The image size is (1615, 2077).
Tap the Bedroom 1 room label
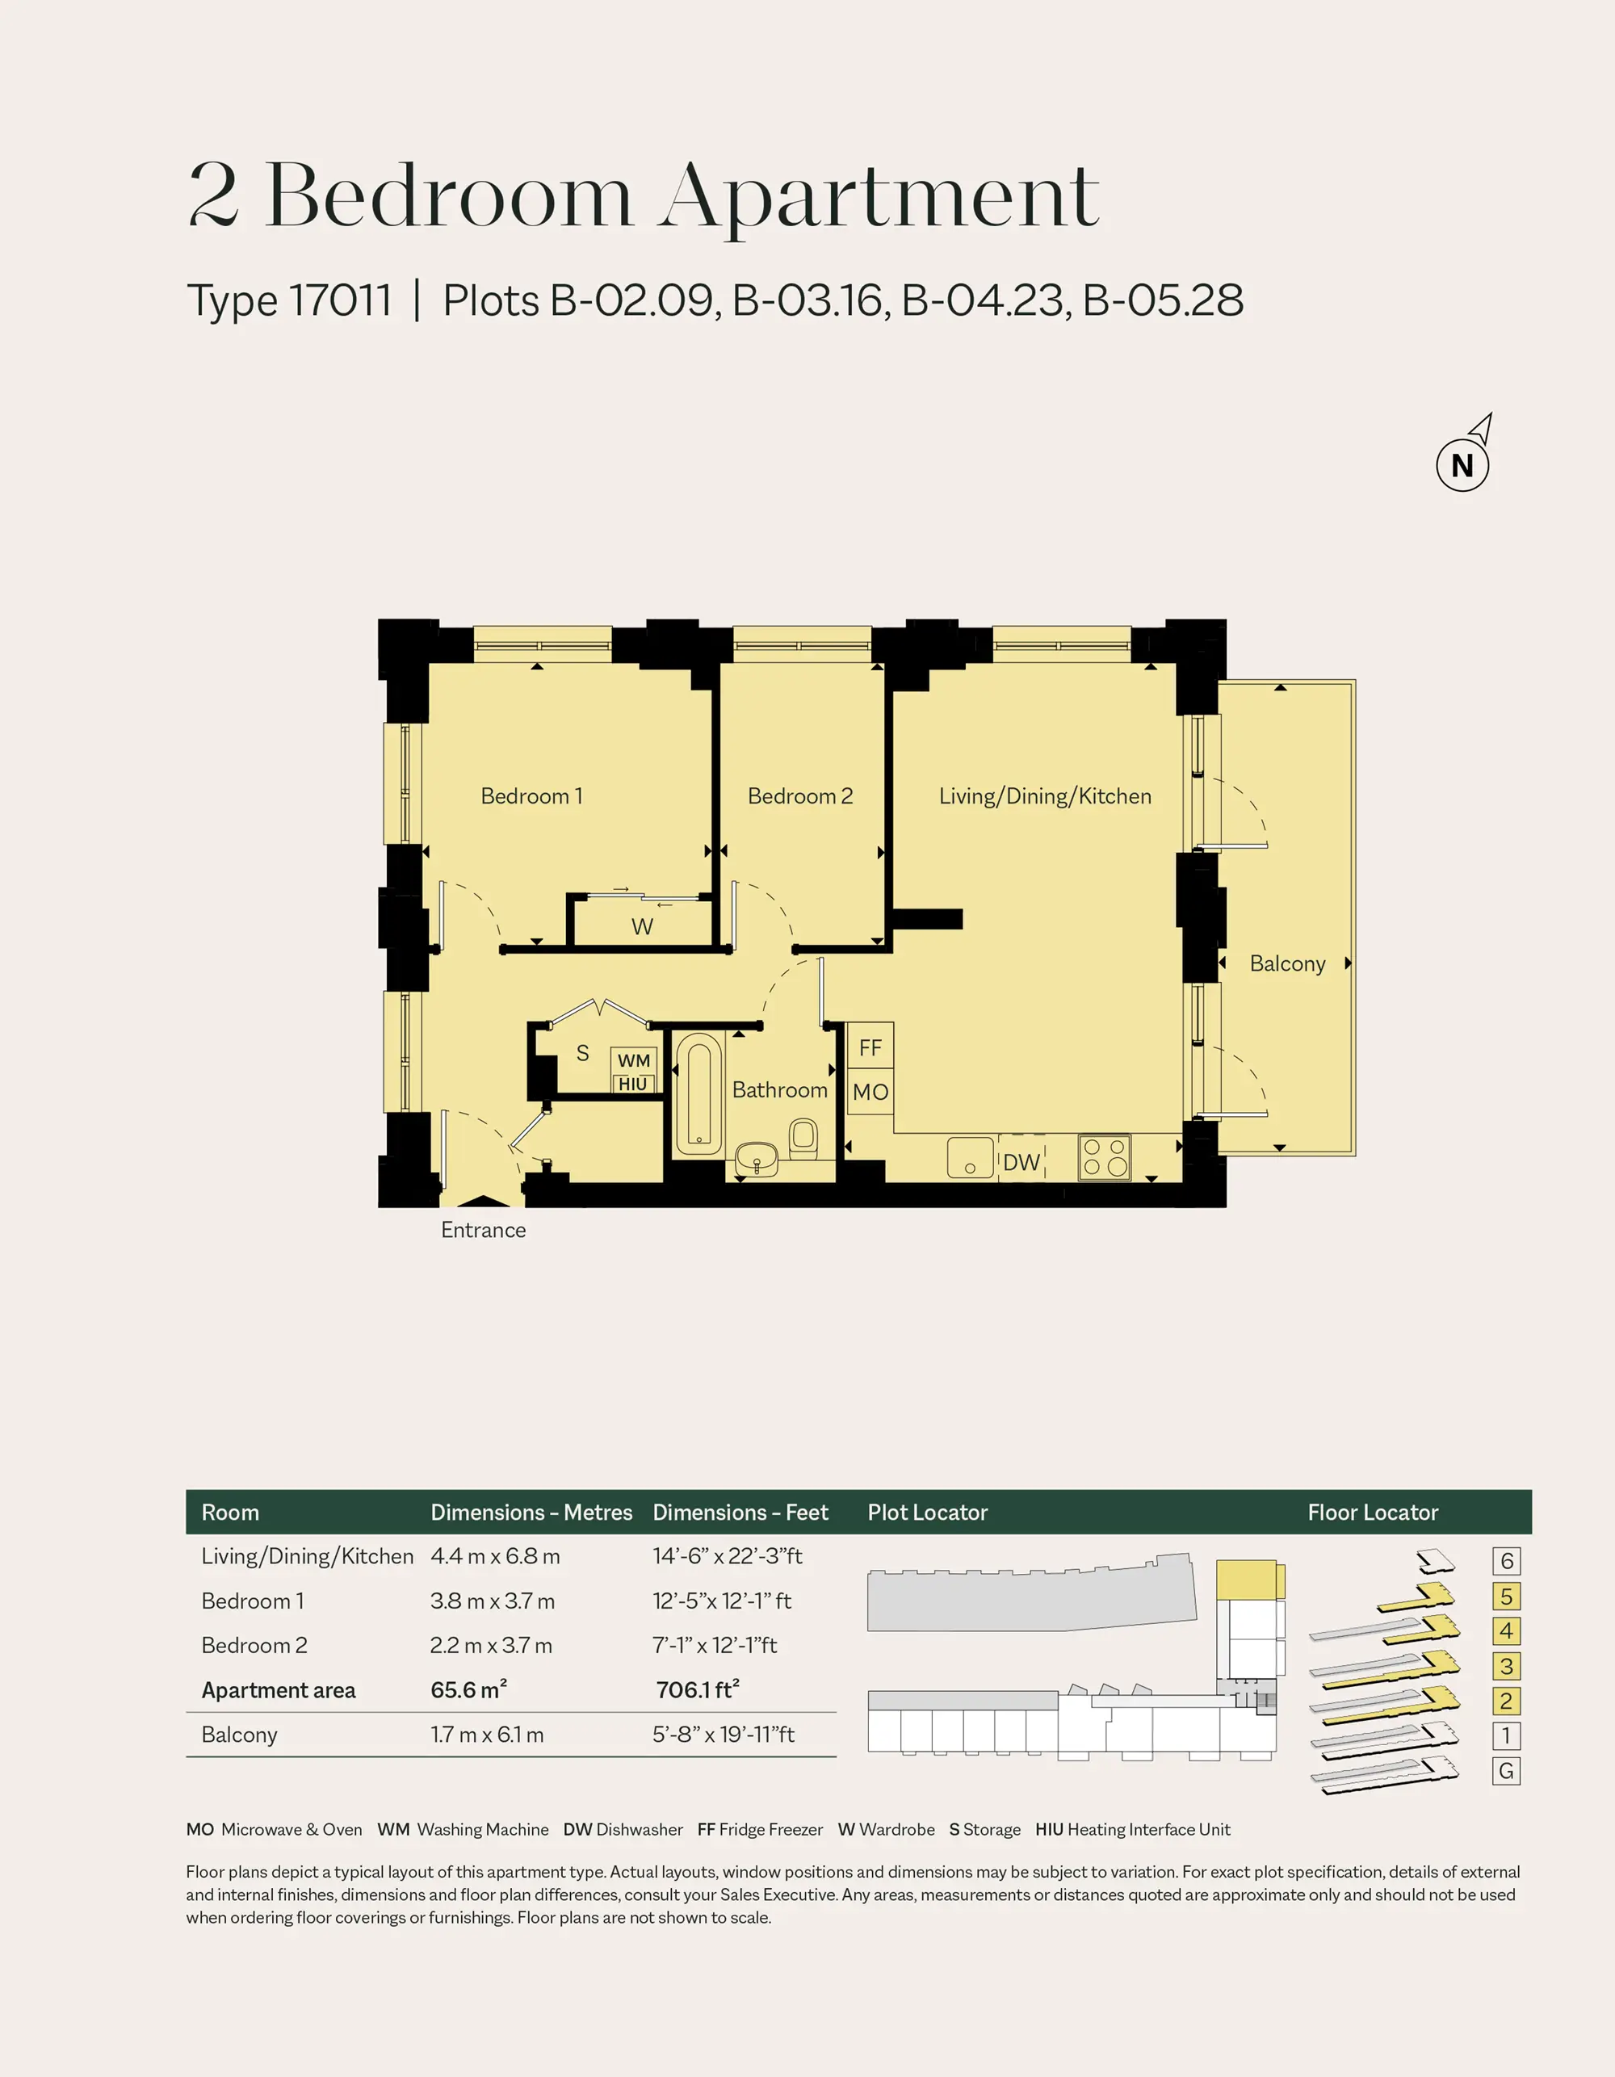tap(531, 796)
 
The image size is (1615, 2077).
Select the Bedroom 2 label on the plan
tap(800, 796)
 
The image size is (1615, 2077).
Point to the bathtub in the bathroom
tap(699, 1093)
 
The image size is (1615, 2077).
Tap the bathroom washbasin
tap(757, 1160)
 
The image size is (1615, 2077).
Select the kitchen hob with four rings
tap(1104, 1157)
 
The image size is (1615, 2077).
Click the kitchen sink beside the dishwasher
tap(970, 1157)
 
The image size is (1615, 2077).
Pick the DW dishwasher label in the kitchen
tap(1021, 1162)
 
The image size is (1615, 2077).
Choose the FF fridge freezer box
tap(870, 1047)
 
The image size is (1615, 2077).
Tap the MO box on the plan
tap(870, 1093)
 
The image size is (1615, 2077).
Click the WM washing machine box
tap(633, 1060)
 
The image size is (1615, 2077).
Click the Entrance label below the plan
tap(483, 1230)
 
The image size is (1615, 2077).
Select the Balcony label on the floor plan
tap(1287, 963)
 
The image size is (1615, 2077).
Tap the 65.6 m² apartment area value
tap(469, 1690)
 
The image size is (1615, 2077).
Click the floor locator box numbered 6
tap(1507, 1561)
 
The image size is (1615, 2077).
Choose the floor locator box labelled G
tap(1507, 1771)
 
